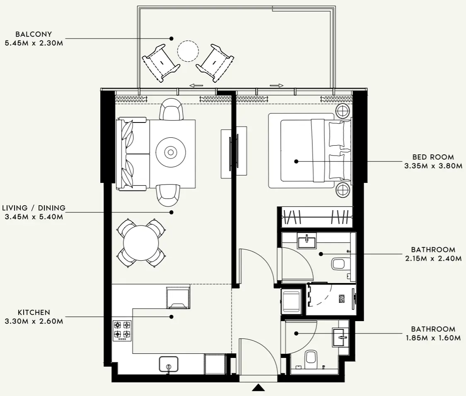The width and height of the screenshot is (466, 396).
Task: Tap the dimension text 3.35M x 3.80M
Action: (433, 166)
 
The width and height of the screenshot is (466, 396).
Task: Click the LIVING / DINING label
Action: (34, 208)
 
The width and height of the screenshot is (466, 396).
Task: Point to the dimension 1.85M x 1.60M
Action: (433, 338)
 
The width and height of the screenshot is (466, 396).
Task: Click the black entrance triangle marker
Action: (259, 387)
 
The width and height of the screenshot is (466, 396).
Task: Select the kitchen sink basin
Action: (169, 364)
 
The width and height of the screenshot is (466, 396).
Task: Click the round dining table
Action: (141, 242)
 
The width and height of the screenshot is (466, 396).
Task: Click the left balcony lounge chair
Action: (160, 62)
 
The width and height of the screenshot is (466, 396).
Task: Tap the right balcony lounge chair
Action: (215, 62)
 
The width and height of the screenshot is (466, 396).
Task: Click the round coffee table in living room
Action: (170, 152)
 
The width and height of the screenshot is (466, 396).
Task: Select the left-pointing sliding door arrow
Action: (197, 86)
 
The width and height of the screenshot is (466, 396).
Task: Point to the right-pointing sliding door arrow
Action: (276, 86)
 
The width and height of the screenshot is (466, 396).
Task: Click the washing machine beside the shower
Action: (292, 301)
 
